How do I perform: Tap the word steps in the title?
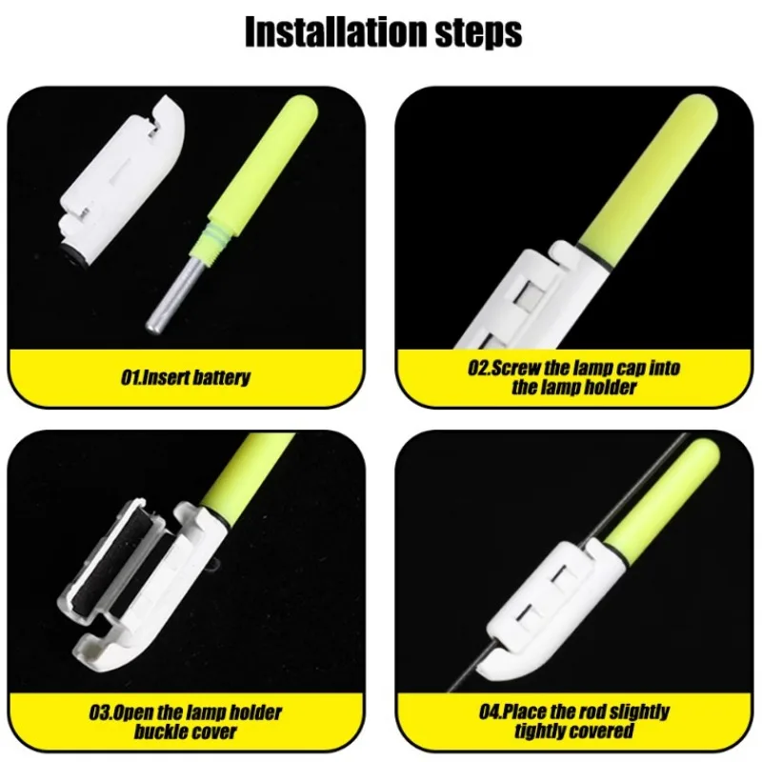pos(478,33)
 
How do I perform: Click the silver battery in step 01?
pos(175,293)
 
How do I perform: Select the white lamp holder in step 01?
pos(122,180)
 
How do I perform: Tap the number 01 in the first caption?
pos(129,377)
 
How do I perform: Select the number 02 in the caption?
pos(478,368)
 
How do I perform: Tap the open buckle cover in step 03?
pos(110,559)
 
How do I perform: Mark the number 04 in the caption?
pos(490,712)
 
